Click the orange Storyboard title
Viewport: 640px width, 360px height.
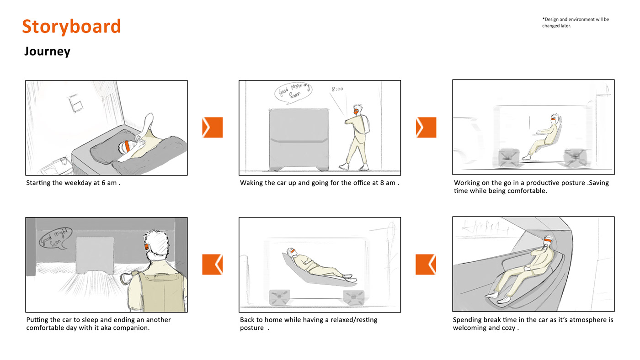pos(71,26)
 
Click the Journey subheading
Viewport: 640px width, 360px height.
pos(47,51)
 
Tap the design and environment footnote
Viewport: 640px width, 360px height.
pos(576,22)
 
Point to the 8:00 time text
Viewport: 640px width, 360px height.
pos(337,89)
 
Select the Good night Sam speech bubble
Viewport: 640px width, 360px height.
pos(55,238)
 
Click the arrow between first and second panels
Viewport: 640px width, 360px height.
pos(212,127)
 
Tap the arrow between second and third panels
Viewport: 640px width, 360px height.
pos(426,127)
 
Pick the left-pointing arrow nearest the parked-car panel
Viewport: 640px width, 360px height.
pos(212,265)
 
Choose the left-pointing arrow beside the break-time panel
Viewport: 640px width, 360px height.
pos(426,265)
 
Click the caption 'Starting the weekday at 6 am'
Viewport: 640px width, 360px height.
pos(71,183)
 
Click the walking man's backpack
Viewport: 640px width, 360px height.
pos(363,124)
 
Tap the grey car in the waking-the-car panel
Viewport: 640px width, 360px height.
pos(299,139)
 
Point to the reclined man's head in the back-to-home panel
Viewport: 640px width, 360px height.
pos(291,252)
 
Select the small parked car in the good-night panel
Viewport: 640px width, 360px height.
pos(95,255)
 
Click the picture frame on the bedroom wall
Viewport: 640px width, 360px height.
pos(76,104)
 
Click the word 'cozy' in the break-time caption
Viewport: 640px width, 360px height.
pos(508,328)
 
